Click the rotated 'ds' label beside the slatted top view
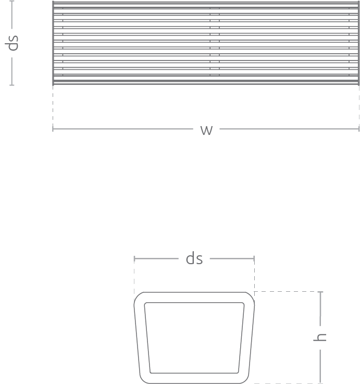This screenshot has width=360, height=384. tap(12, 43)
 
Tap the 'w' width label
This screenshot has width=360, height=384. tap(206, 130)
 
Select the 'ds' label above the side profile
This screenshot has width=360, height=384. tap(194, 258)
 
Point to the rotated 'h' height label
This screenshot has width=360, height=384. tap(320, 337)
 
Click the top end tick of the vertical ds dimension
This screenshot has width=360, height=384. tap(12, 1)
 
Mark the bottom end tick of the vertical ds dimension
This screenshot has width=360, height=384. tap(12, 85)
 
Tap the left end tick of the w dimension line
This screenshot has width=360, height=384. tap(53, 129)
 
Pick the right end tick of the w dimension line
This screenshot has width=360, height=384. tap(359, 129)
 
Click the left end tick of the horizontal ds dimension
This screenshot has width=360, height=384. tap(134, 258)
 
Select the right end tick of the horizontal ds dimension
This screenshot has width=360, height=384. tap(254, 258)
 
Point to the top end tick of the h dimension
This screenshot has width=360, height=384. tap(320, 292)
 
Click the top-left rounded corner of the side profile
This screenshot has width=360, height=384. tap(137, 295)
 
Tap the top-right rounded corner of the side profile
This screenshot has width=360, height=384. tap(251, 295)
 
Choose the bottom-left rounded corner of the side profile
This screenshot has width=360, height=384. tap(142, 380)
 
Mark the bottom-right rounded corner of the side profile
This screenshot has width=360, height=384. tap(246, 380)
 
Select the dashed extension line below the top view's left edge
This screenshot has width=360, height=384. tap(53, 105)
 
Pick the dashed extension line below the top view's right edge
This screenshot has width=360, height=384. tap(359, 105)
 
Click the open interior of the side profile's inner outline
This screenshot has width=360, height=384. tap(194, 338)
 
